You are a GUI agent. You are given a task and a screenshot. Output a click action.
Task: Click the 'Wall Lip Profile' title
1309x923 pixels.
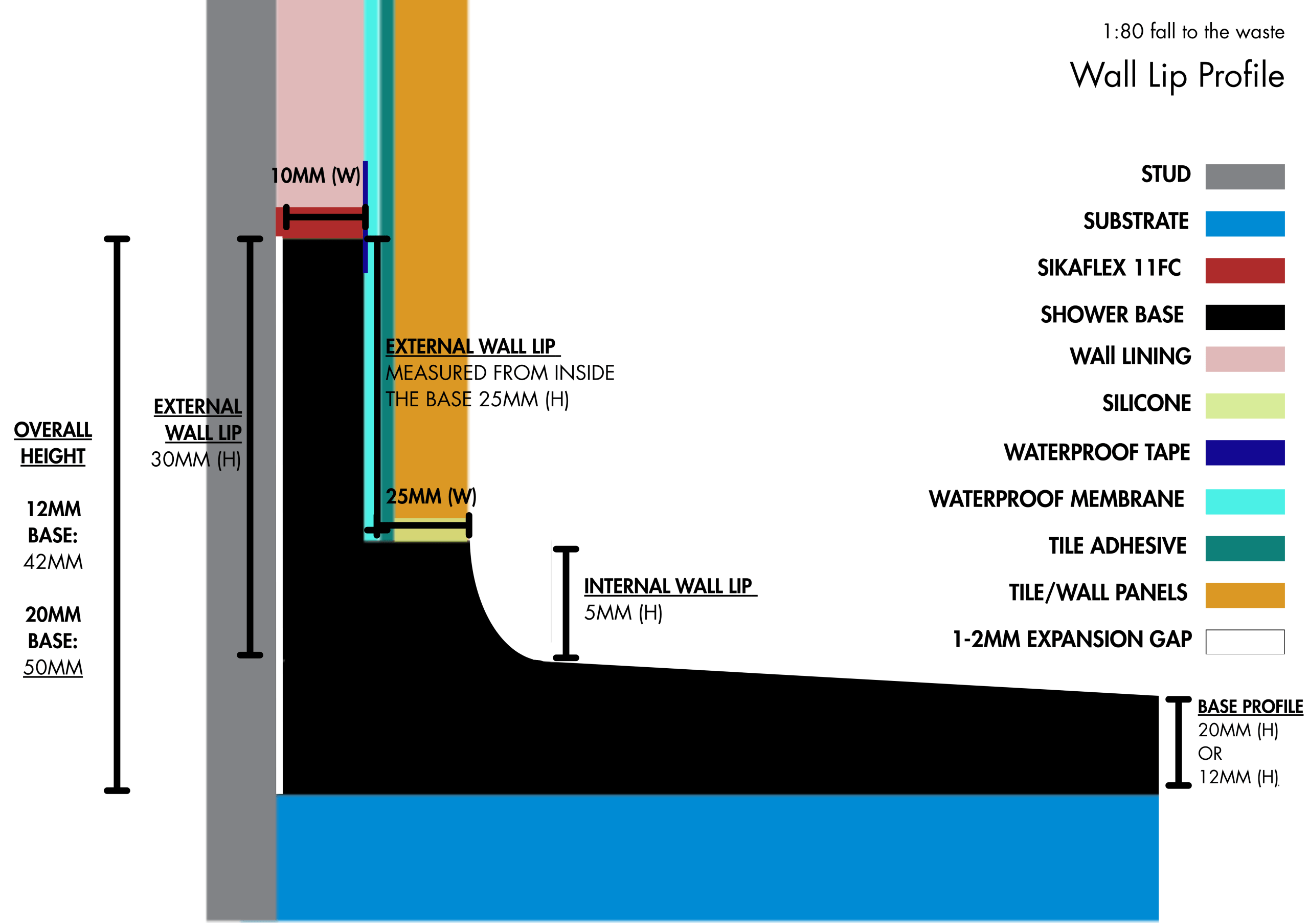click(1177, 76)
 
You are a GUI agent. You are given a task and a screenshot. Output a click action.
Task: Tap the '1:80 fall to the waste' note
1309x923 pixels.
click(1193, 31)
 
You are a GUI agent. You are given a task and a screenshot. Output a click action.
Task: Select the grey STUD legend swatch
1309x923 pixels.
click(1245, 177)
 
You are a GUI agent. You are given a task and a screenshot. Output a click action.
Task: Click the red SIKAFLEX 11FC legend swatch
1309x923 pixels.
click(1245, 270)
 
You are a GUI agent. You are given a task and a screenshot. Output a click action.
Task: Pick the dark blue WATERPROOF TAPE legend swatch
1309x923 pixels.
click(1245, 453)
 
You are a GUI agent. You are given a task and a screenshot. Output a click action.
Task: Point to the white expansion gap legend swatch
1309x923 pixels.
click(1245, 642)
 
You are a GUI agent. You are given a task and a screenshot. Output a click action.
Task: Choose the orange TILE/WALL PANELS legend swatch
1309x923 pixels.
click(1245, 596)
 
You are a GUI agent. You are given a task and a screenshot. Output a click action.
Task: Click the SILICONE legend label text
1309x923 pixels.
click(1146, 403)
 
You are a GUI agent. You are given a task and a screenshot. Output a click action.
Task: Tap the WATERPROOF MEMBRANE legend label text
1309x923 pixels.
click(1056, 499)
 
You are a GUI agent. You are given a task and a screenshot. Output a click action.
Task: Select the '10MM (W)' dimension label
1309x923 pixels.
click(316, 175)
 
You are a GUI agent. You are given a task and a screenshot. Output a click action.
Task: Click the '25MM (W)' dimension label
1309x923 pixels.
click(431, 497)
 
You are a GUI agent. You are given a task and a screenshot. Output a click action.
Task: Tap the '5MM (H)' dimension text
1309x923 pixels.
click(623, 613)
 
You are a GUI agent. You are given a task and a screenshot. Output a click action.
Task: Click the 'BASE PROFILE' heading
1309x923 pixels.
click(1250, 707)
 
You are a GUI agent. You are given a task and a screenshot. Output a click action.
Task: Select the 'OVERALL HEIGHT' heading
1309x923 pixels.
click(53, 443)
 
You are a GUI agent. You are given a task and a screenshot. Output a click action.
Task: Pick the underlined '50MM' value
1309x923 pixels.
click(53, 667)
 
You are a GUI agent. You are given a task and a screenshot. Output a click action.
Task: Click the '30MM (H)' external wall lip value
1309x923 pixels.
click(195, 459)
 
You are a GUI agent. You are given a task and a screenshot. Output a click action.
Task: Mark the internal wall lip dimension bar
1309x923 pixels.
click(566, 604)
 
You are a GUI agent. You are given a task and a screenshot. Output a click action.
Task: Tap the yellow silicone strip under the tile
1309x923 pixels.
click(431, 535)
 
